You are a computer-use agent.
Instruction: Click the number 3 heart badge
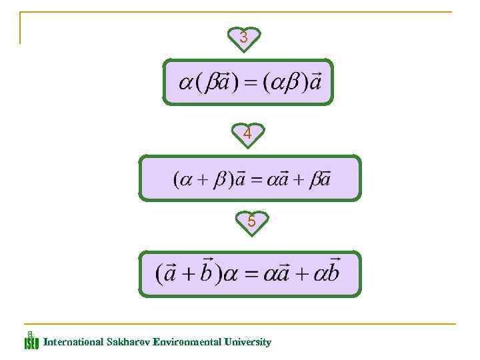(x=244, y=38)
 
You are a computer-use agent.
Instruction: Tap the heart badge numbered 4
(x=247, y=134)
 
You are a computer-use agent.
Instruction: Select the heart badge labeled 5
(x=251, y=221)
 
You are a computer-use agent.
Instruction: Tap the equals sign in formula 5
(x=250, y=274)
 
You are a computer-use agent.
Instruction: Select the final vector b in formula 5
(x=331, y=272)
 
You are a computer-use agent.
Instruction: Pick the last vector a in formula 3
(x=314, y=83)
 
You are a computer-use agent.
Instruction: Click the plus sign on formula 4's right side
(x=300, y=179)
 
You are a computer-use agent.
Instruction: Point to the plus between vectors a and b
(x=187, y=274)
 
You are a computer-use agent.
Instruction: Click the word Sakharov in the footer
(x=128, y=342)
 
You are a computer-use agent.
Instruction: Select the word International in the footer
(x=73, y=342)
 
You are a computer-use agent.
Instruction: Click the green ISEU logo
(x=31, y=341)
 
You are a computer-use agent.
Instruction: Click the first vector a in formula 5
(x=170, y=273)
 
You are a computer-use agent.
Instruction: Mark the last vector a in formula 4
(x=325, y=179)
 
